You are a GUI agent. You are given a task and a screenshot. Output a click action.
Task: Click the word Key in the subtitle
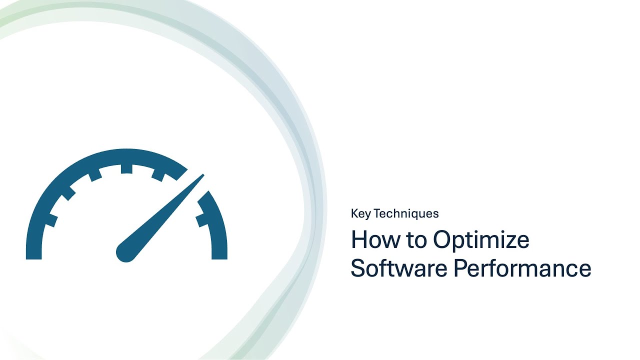[x=360, y=214]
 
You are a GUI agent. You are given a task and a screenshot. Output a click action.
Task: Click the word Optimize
[x=481, y=240]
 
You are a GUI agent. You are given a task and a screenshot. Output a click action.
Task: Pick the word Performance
[x=522, y=268]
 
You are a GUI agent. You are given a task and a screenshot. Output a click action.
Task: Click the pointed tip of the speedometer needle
[x=203, y=174]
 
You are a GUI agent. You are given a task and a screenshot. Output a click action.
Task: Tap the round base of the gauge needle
[x=125, y=252]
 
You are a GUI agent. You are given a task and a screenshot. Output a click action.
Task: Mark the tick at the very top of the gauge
[x=126, y=169]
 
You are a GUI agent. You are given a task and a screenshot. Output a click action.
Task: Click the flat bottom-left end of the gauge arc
[x=33, y=256]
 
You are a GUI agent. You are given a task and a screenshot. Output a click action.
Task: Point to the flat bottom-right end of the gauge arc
[x=219, y=256]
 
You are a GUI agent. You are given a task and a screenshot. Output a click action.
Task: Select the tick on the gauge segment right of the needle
[x=202, y=218]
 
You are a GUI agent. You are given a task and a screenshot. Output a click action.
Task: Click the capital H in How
[x=358, y=240]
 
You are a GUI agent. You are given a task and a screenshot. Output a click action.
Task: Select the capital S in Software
[x=358, y=268]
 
